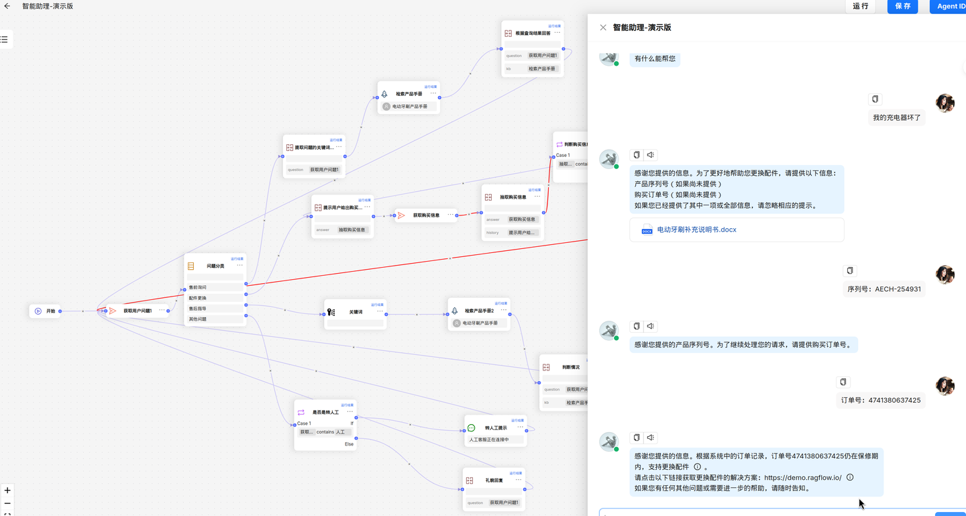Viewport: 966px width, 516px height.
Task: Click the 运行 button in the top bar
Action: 860,6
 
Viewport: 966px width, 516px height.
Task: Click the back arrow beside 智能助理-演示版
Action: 7,6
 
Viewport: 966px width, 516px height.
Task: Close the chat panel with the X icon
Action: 602,28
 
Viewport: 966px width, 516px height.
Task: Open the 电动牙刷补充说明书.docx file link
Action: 696,229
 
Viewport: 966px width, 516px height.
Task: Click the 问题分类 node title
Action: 215,266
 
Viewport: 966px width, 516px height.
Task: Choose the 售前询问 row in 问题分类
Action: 215,287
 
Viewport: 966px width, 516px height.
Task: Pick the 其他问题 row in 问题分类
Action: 215,319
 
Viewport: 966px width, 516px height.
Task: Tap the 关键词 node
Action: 356,312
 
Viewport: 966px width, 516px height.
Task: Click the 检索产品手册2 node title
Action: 479,311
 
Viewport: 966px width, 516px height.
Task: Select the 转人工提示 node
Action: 496,427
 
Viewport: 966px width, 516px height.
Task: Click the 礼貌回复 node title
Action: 494,480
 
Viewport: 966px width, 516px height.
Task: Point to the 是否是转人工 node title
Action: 325,412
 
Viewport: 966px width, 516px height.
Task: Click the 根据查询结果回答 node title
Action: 533,33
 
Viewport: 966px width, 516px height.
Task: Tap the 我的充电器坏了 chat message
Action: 897,117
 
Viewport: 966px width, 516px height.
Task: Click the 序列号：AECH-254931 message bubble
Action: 884,289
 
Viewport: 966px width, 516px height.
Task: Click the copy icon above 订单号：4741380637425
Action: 843,382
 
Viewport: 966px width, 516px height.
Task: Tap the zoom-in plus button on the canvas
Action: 7,491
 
